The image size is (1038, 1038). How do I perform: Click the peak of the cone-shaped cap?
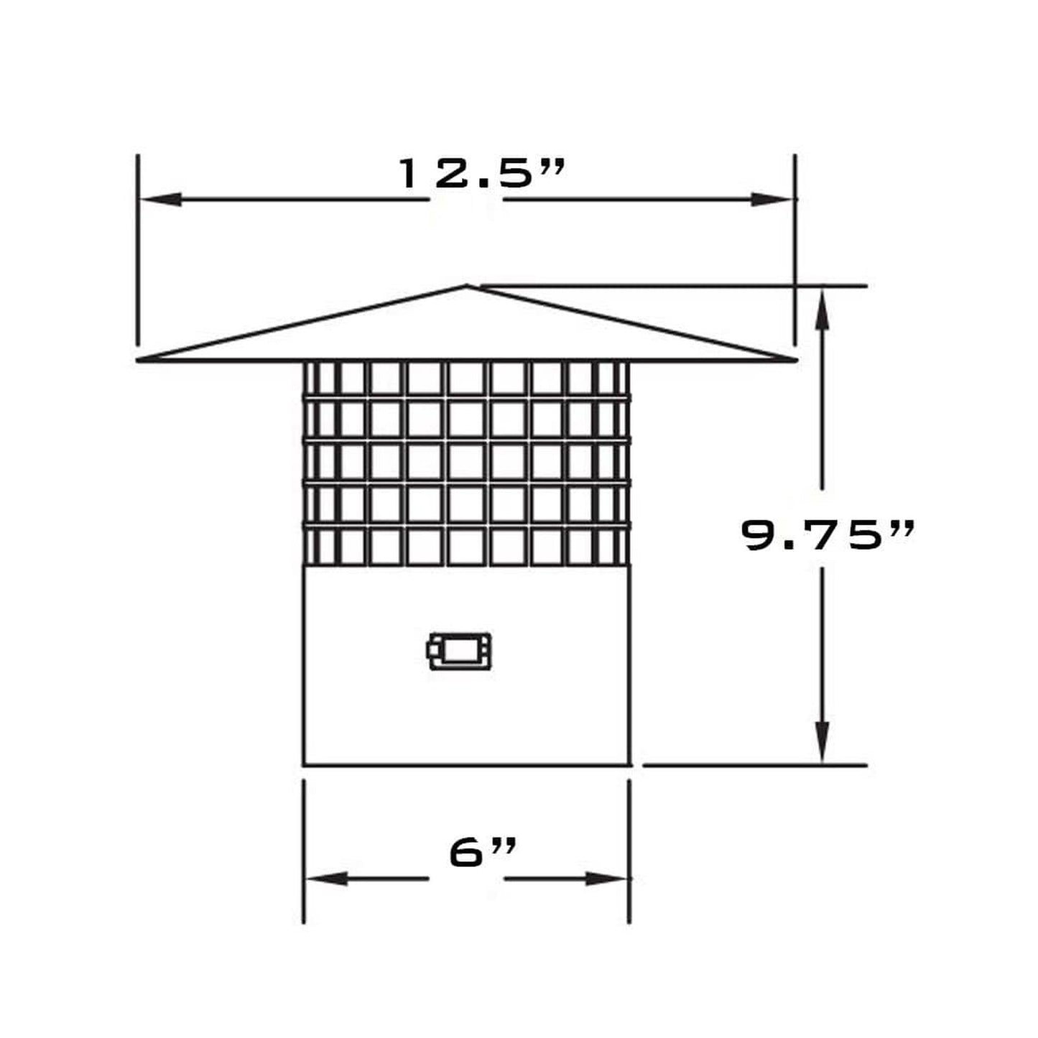[467, 287]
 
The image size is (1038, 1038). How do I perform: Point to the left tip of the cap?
[139, 359]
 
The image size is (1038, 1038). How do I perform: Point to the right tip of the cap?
[794, 358]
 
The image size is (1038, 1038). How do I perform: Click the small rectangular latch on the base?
[460, 651]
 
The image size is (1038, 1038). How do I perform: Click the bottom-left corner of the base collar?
[305, 765]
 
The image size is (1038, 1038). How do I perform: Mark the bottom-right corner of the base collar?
[629, 765]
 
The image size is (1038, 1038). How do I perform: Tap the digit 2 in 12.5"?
[451, 174]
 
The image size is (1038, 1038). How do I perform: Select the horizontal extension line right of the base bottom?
[754, 765]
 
